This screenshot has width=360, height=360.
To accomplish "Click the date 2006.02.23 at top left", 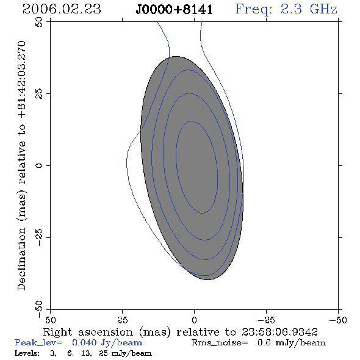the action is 62,9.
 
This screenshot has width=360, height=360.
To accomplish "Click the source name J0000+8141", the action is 175,10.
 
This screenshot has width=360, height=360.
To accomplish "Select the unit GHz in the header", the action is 323,9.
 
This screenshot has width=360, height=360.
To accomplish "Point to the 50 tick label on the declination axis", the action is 39,22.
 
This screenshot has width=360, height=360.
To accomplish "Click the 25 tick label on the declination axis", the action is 39,94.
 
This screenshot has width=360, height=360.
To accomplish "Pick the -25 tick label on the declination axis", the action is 39,237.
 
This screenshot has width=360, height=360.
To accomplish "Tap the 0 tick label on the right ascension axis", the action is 194,320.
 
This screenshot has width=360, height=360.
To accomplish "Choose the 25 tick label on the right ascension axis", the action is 122,320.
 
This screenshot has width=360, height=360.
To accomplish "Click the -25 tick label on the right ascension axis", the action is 266,320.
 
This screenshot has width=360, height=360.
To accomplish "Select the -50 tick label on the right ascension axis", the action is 338,320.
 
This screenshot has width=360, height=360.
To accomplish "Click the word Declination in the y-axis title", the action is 21,259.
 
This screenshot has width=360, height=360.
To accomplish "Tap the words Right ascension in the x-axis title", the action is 88,332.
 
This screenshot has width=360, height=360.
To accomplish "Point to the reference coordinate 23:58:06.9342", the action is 279,332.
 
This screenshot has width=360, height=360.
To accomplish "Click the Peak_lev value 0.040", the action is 84,342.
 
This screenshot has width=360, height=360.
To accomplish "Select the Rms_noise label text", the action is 220,343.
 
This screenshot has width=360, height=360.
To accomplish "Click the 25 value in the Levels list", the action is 104,353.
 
